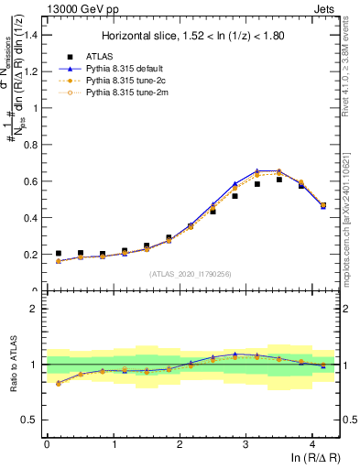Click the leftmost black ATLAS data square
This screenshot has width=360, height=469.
pyautogui.click(x=59, y=254)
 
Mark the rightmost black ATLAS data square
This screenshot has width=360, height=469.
pyautogui.click(x=323, y=206)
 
